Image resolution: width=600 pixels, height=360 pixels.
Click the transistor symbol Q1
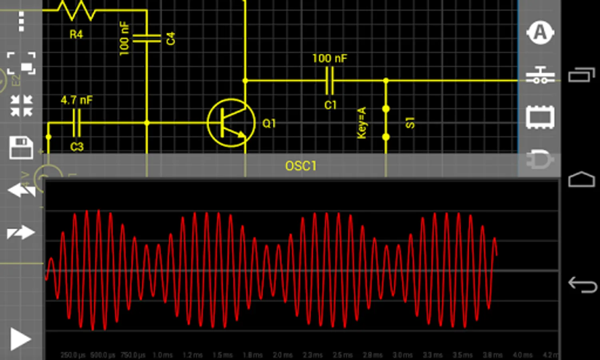231,123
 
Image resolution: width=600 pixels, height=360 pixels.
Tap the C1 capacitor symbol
330,80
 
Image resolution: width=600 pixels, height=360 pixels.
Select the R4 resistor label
76,35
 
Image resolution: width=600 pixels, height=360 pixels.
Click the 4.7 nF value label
76,100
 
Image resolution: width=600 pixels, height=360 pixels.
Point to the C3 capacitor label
77,147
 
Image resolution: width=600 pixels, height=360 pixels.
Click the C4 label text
171,39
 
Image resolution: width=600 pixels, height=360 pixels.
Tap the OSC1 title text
301,166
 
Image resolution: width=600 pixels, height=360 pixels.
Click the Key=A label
362,123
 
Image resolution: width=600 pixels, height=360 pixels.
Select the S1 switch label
410,123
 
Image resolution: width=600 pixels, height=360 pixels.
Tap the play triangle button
20,339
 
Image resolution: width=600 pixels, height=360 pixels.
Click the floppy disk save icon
21,148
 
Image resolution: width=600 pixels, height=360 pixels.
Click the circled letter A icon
540,33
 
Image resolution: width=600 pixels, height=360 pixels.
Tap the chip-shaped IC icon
540,117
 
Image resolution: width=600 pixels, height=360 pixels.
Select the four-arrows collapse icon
21,106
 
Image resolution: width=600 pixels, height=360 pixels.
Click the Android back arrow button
582,284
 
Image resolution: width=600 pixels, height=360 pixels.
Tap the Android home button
582,180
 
